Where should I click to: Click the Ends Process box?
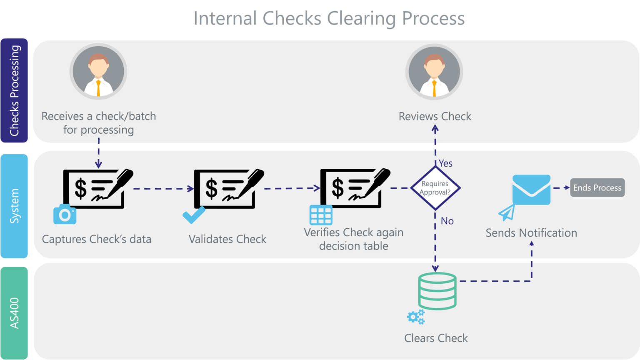click(x=597, y=188)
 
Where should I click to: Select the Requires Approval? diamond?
click(x=435, y=188)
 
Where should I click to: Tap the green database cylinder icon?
click(x=437, y=291)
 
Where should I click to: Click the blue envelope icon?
click(x=531, y=190)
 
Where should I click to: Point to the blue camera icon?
click(x=65, y=214)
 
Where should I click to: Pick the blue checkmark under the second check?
click(x=194, y=215)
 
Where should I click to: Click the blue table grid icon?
click(x=321, y=215)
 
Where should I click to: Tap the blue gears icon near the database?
click(x=416, y=317)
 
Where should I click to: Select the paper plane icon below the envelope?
click(x=507, y=213)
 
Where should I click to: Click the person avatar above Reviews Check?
click(x=434, y=72)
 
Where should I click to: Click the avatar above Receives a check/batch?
click(x=98, y=72)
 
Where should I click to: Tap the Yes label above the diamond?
click(x=445, y=163)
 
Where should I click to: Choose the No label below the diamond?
click(x=447, y=221)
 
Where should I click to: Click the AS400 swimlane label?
click(x=15, y=313)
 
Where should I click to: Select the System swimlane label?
click(x=15, y=206)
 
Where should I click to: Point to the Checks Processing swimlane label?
click(x=15, y=90)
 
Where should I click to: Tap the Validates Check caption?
click(x=227, y=239)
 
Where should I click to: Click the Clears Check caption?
click(x=436, y=338)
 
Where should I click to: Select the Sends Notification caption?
click(x=531, y=232)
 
